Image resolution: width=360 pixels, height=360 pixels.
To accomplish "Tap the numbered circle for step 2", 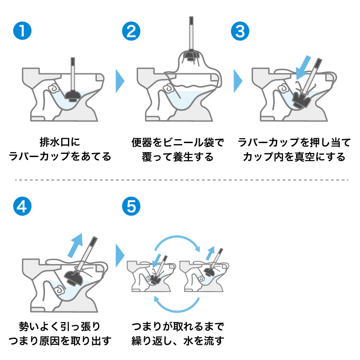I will coord(131,31).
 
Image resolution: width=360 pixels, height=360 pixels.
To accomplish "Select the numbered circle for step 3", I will coord(239,31).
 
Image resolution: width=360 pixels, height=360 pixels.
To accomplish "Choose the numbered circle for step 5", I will coord(131,206).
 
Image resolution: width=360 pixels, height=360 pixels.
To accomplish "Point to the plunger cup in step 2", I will coord(191,55).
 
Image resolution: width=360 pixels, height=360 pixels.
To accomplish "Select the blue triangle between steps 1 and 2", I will coord(120,81).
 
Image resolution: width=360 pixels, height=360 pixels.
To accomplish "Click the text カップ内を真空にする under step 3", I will coord(294,157).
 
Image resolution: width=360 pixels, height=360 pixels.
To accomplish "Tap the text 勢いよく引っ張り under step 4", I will coord(59,325).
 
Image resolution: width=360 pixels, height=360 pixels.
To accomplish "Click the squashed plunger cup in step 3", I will coord(300,99).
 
